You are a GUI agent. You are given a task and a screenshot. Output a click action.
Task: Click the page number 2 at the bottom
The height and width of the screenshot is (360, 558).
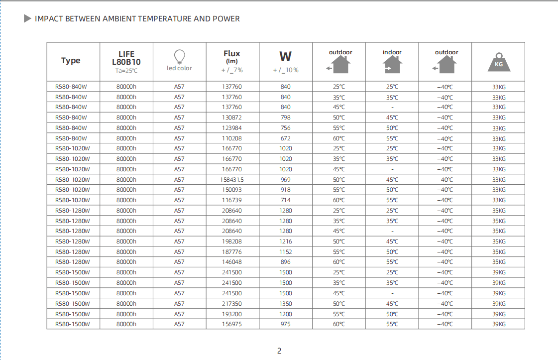[x=279, y=351]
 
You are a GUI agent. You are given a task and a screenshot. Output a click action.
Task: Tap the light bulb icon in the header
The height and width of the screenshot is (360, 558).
[x=179, y=56]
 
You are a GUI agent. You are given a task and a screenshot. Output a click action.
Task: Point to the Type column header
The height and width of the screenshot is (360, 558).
[x=71, y=61]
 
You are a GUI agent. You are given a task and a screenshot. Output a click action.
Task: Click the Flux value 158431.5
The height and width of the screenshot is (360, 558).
[x=232, y=180]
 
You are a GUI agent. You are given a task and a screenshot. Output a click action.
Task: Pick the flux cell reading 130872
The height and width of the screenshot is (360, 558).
[x=232, y=118]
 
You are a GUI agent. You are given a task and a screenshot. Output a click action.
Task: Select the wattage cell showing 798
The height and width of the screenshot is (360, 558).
[x=285, y=118]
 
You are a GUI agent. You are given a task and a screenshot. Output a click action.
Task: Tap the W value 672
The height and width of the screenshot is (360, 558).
[x=285, y=138]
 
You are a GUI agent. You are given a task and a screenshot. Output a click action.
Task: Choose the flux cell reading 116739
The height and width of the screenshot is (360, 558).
[x=232, y=200]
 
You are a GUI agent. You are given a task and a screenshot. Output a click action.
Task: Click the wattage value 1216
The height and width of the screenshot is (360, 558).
[x=285, y=241]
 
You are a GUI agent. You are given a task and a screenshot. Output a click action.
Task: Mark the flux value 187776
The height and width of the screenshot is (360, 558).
[x=232, y=252]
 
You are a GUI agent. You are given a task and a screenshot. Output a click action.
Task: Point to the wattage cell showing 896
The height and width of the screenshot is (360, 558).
[x=285, y=262]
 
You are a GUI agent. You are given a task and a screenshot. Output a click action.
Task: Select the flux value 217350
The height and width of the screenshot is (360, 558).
[x=232, y=304]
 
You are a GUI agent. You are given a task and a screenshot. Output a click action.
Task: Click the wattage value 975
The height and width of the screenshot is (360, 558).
[x=285, y=324]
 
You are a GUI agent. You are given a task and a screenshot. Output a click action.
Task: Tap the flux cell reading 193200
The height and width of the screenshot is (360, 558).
[x=232, y=314]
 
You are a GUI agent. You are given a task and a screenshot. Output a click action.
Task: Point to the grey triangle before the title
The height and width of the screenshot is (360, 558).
[x=28, y=19]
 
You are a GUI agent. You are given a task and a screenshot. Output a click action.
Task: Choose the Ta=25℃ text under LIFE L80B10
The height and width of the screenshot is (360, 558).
[x=126, y=71]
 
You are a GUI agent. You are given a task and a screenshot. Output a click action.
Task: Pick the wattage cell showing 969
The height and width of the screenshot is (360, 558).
[x=285, y=180]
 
